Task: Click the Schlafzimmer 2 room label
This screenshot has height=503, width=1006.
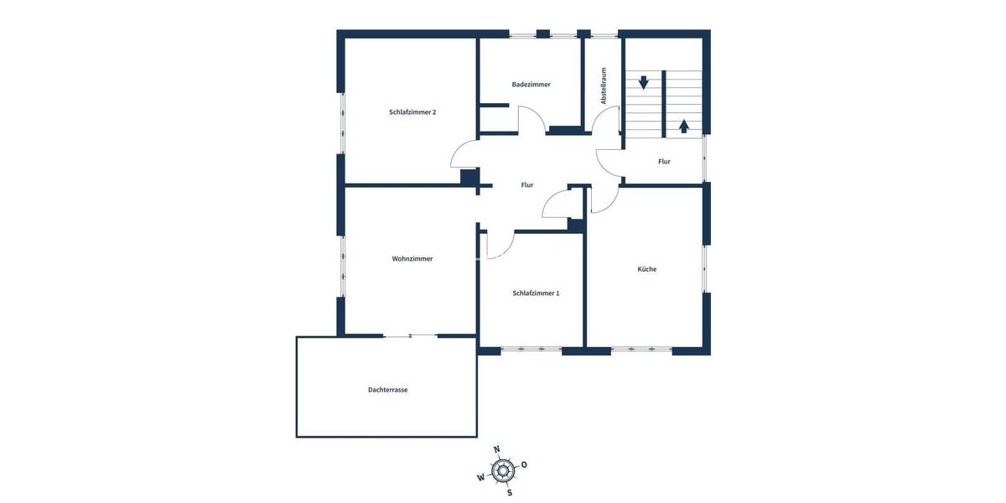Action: click(412, 112)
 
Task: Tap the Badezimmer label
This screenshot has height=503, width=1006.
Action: click(532, 85)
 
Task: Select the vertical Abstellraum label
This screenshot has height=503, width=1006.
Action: click(603, 86)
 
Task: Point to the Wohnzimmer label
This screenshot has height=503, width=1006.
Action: click(412, 259)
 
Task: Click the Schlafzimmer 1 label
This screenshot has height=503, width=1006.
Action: click(536, 293)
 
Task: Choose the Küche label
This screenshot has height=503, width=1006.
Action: click(646, 269)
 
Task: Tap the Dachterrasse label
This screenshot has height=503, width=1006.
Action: click(387, 390)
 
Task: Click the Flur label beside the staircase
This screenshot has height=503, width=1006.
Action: click(664, 161)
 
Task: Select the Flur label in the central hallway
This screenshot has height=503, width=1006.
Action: click(527, 185)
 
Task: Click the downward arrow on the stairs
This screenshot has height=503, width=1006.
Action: click(644, 82)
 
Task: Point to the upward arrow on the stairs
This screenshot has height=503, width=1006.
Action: click(684, 126)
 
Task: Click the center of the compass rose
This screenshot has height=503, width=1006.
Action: click(503, 470)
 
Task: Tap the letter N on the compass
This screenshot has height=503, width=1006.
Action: click(496, 449)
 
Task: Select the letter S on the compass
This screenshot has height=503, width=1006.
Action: click(510, 492)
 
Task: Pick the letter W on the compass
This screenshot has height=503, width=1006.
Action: click(481, 478)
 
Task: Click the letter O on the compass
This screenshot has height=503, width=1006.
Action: click(525, 464)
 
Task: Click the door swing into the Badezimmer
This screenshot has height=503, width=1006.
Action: click(532, 122)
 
